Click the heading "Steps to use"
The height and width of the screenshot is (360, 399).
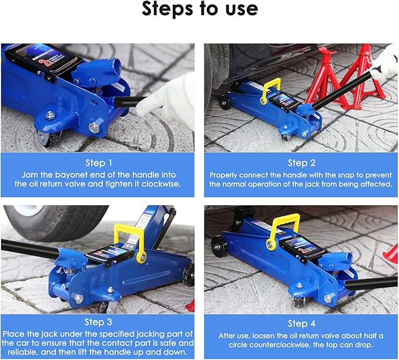click(x=200, y=9)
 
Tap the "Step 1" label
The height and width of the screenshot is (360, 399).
click(x=99, y=163)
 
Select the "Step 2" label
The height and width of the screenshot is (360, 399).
click(x=301, y=163)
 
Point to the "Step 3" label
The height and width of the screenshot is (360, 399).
click(x=98, y=322)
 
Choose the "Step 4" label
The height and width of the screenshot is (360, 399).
click(x=301, y=324)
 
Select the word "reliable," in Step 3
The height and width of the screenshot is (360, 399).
click(x=23, y=352)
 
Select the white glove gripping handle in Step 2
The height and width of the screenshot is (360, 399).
click(x=384, y=63)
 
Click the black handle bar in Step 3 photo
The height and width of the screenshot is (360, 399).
click(x=30, y=249)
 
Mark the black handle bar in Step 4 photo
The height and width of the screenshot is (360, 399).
click(x=372, y=284)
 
